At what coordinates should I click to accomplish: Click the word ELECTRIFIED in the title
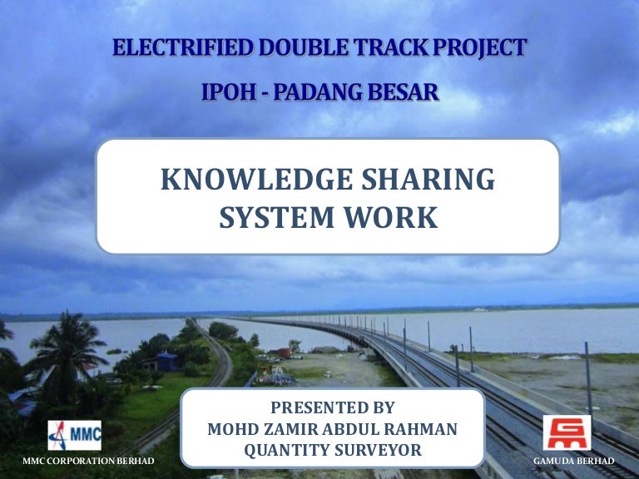(183, 47)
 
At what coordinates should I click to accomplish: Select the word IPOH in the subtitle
(229, 91)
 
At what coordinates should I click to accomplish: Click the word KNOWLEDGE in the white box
(257, 180)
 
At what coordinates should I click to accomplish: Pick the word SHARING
(428, 180)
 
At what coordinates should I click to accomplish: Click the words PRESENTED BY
(333, 407)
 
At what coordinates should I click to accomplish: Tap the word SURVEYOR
(379, 450)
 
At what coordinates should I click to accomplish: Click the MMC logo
(75, 436)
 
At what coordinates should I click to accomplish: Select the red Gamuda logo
(567, 432)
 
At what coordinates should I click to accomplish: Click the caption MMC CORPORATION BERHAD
(88, 461)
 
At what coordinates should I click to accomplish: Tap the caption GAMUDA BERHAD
(574, 461)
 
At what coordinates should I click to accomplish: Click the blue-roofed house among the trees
(162, 362)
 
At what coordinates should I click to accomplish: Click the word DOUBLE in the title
(303, 47)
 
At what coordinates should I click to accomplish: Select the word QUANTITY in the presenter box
(287, 450)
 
